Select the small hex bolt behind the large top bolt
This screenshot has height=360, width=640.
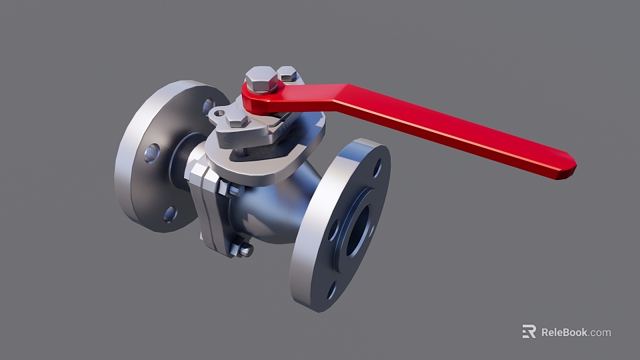tap(287, 73)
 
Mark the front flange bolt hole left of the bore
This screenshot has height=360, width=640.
tap(333, 229)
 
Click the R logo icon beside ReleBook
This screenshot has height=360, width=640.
tap(529, 331)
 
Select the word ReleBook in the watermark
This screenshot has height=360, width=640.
tap(564, 332)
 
